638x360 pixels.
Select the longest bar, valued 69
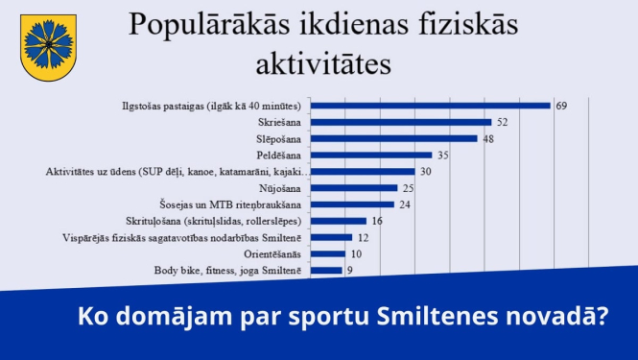(433, 106)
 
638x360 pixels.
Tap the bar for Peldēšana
(374, 155)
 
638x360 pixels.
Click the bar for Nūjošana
(356, 188)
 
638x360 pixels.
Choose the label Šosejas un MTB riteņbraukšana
(230, 204)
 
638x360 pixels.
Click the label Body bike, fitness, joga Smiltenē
(228, 271)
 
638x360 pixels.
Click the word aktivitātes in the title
(322, 64)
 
